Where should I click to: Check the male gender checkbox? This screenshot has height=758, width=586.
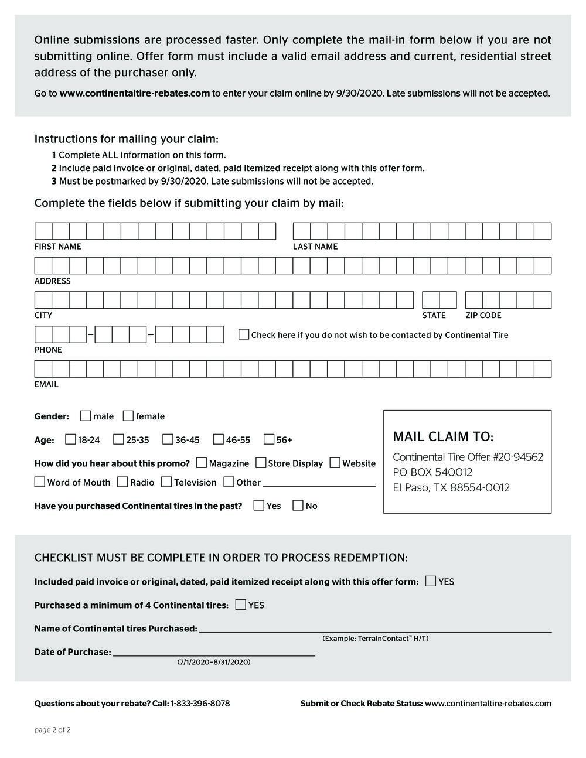[86, 416]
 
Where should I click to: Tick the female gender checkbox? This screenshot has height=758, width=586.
[128, 416]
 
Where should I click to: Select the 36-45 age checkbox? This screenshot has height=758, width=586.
[168, 439]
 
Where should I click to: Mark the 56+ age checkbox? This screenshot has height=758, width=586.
[269, 439]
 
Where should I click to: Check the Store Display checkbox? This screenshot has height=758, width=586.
[261, 463]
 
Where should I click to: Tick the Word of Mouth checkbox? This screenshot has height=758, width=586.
[40, 482]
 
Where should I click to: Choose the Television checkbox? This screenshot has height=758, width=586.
[166, 482]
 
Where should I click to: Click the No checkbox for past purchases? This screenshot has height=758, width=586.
[298, 506]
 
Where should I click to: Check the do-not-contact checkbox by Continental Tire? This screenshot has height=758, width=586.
[244, 334]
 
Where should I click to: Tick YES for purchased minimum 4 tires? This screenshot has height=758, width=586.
[240, 605]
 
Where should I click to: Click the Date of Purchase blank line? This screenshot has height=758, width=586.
[213, 654]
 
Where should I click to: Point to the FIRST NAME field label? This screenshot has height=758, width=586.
[57, 247]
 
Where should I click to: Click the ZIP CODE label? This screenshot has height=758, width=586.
[483, 316]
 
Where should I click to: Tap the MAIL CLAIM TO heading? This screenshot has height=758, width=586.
[443, 437]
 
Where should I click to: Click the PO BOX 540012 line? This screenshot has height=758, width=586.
[432, 472]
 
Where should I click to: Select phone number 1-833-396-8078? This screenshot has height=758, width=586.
[200, 704]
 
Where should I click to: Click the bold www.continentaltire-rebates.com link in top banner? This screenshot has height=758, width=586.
[135, 93]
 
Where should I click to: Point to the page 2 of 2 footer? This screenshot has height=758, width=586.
[53, 730]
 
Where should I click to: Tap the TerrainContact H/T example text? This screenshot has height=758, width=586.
[375, 639]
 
